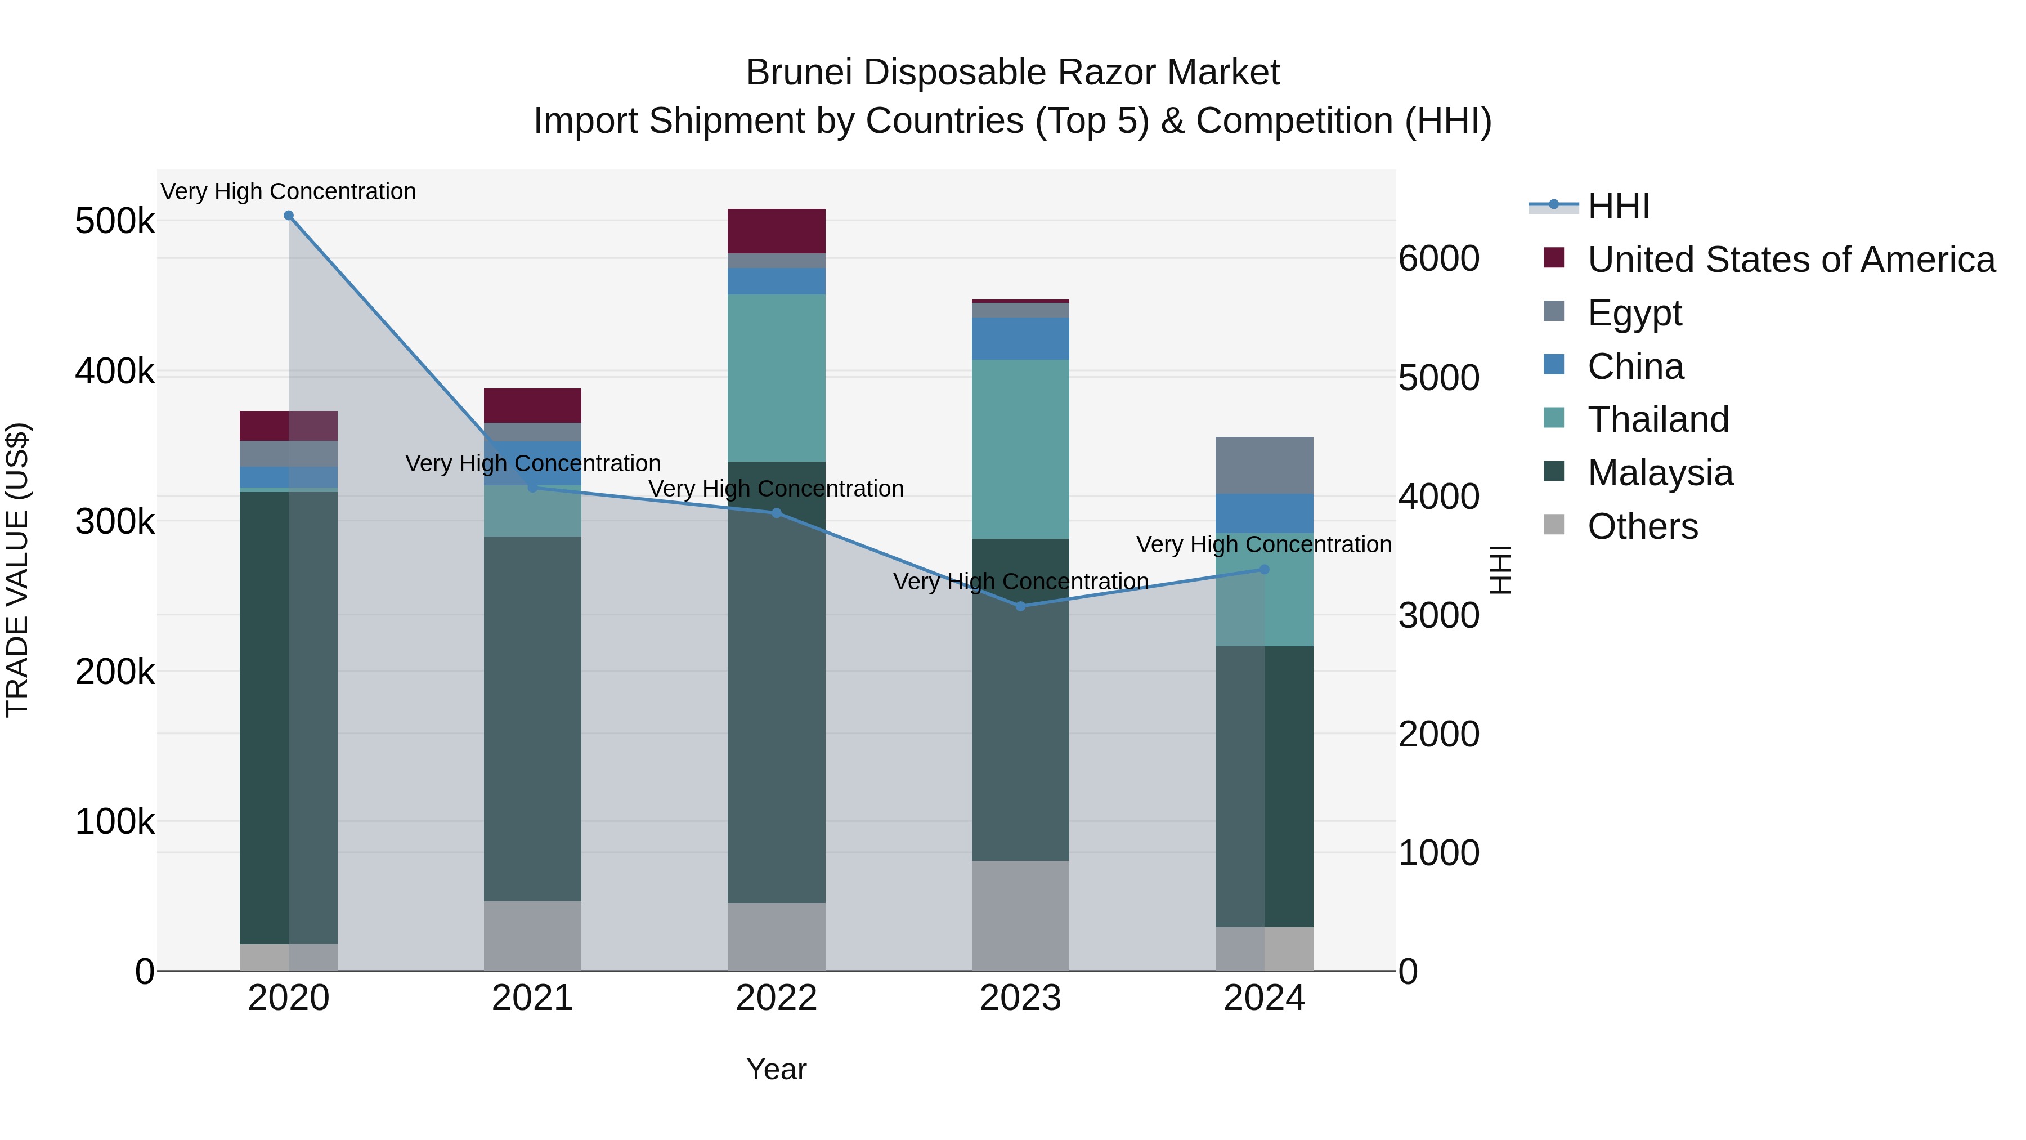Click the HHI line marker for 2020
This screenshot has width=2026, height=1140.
[289, 216]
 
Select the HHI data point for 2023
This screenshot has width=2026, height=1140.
[1020, 606]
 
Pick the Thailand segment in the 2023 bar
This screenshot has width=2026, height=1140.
[1020, 449]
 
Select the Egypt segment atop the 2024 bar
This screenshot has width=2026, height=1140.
[1264, 465]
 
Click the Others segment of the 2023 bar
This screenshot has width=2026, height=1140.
[1020, 915]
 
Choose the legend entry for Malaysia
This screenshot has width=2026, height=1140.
[1660, 473]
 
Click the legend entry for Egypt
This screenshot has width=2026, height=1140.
[1634, 313]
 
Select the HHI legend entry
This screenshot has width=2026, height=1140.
[1618, 206]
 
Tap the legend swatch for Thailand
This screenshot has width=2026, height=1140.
[1554, 418]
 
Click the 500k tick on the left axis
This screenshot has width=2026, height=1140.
[115, 221]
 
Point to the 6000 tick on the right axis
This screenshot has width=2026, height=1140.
[1438, 259]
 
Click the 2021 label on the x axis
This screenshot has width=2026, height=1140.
[532, 998]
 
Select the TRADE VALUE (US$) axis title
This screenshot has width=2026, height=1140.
[17, 570]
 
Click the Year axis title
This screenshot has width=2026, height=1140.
[776, 1069]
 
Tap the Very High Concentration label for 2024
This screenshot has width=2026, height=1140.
[1264, 544]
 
